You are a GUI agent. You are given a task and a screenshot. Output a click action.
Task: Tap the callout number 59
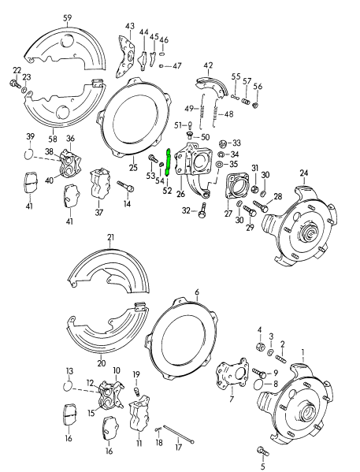coord(67,17)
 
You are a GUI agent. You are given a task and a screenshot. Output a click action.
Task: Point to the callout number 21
coord(110,237)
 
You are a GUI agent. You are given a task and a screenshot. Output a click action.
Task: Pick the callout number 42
coord(208,65)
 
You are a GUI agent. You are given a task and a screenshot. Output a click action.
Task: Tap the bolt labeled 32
coord(202,210)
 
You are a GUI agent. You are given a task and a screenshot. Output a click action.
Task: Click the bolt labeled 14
coord(124,187)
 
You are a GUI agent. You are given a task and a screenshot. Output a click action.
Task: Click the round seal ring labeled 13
coord(69,386)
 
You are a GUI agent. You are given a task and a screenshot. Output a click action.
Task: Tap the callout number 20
coord(101,363)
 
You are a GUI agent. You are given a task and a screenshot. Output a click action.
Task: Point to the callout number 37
coord(99,212)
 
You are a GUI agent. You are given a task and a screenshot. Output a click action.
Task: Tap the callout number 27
coord(228,213)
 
